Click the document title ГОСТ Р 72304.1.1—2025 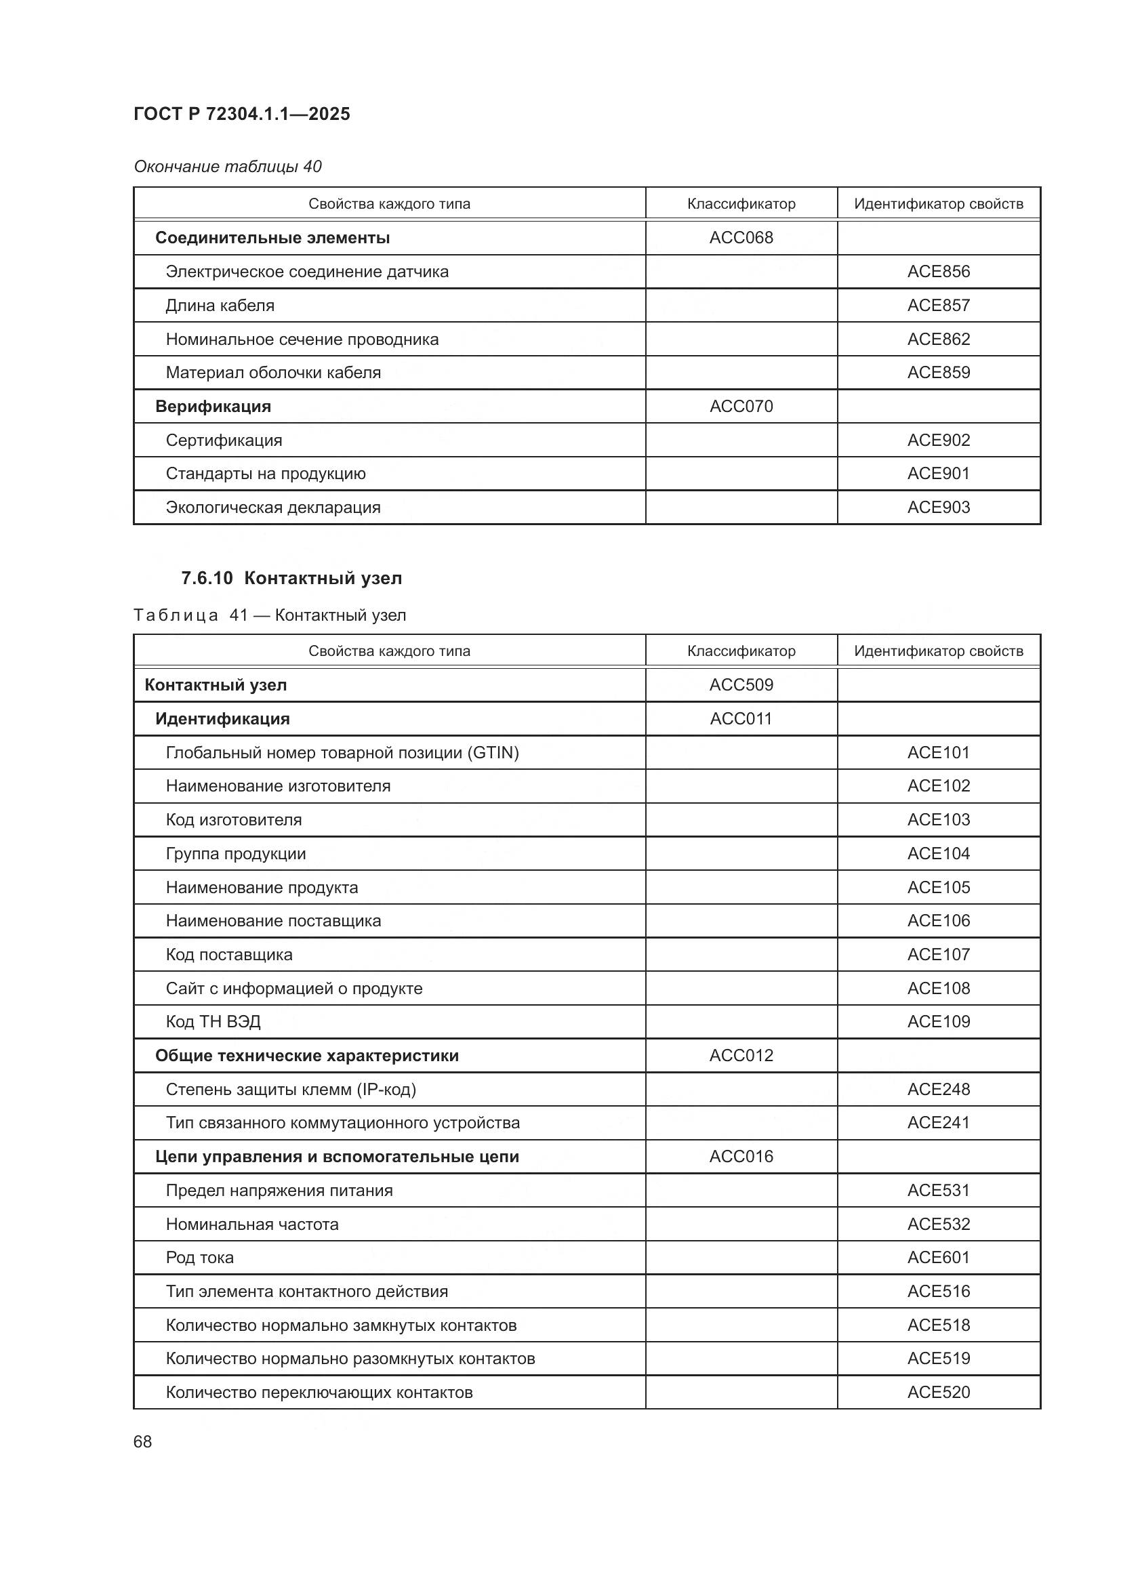click(x=241, y=114)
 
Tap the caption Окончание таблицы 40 click(x=228, y=167)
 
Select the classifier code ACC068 click(x=741, y=237)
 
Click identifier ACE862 click(x=938, y=339)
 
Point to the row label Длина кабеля click(x=220, y=305)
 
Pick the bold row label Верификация click(x=213, y=406)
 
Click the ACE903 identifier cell click(x=938, y=508)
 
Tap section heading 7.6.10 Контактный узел click(x=291, y=578)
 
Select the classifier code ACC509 click(x=741, y=685)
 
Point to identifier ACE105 click(x=938, y=887)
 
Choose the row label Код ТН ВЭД click(x=213, y=1022)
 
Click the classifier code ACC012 click(x=741, y=1056)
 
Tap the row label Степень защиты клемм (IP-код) click(x=291, y=1090)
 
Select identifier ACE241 click(x=938, y=1122)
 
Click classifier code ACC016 click(x=741, y=1156)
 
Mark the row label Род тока click(x=199, y=1258)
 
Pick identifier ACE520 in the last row click(x=938, y=1393)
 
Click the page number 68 click(x=142, y=1442)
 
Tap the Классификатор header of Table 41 click(x=741, y=651)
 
